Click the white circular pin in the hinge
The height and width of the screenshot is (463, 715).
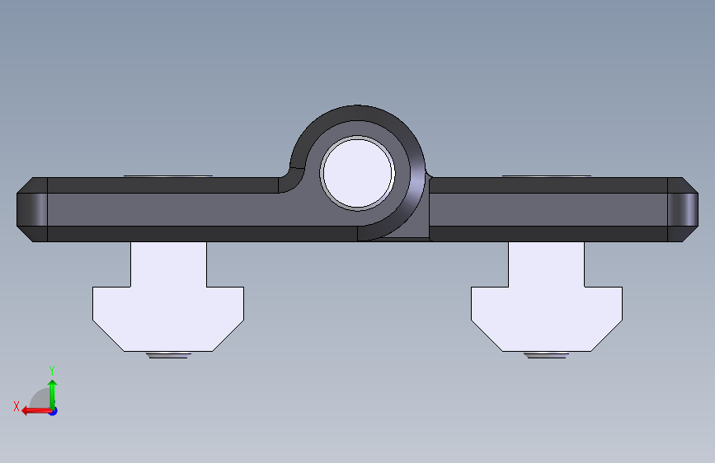click(358, 173)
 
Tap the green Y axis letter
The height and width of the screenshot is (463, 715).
click(52, 371)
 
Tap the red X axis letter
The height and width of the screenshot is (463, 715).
click(16, 406)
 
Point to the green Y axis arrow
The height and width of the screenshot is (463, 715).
click(53, 394)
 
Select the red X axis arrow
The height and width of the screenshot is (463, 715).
click(36, 411)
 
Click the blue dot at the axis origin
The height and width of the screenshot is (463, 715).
click(54, 411)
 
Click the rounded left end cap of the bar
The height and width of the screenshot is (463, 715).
click(32, 209)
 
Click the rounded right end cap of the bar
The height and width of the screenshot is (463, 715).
click(683, 209)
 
